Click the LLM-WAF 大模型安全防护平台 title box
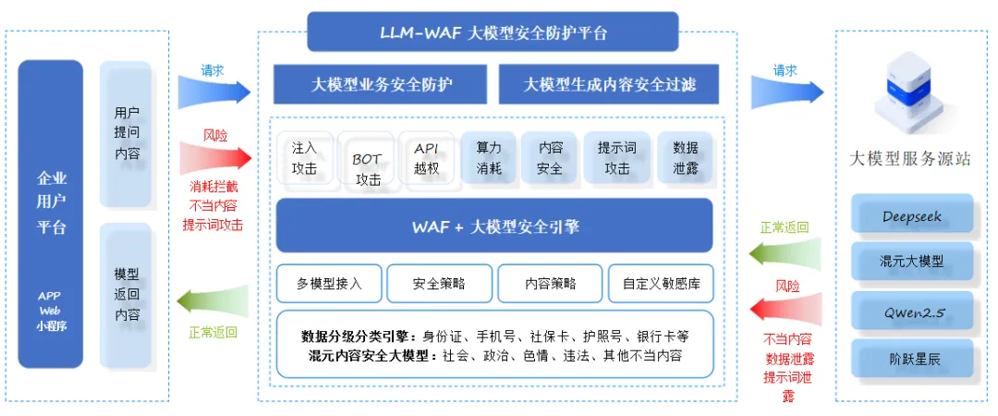click(493, 32)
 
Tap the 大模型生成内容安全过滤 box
click(609, 84)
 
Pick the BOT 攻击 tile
click(367, 162)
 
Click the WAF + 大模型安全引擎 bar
click(494, 226)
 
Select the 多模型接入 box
click(329, 284)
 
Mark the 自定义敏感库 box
click(660, 284)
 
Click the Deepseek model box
click(912, 216)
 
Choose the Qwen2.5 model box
click(912, 312)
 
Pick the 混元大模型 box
click(912, 263)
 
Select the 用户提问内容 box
click(127, 134)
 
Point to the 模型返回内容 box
click(127, 294)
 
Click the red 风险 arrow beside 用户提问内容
click(214, 157)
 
